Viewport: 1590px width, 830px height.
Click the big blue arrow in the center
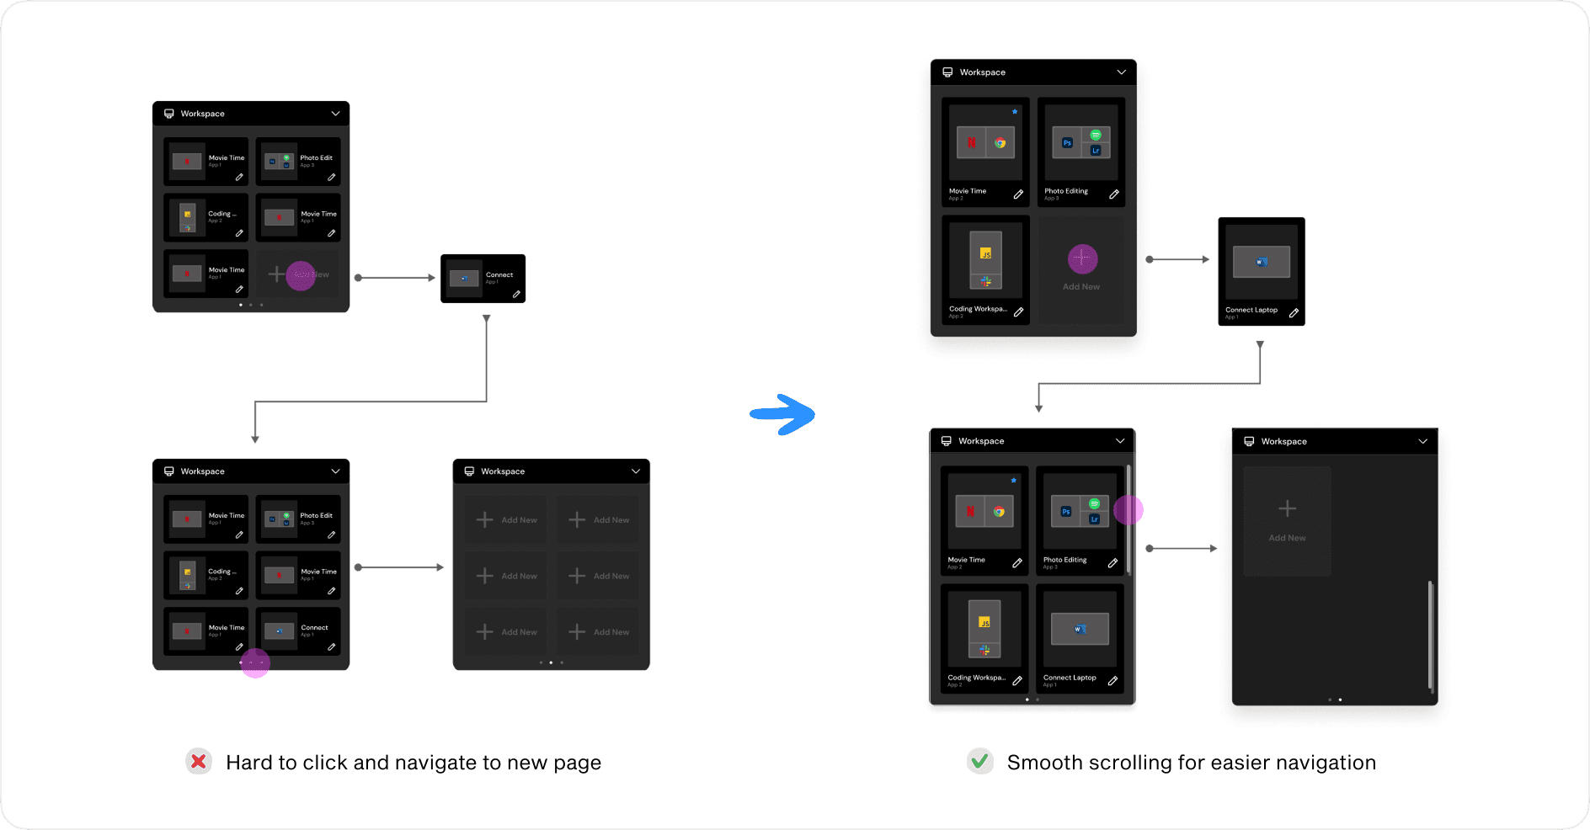[x=783, y=414]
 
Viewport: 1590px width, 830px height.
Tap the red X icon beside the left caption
[x=199, y=762]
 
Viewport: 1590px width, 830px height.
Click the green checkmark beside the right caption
[x=979, y=762]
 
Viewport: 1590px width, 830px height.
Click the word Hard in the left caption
[x=248, y=763]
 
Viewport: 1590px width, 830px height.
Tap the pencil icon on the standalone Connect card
[x=516, y=295]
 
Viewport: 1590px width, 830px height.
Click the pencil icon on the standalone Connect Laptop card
[x=1294, y=313]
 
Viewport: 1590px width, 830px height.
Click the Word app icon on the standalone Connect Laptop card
[x=1261, y=262]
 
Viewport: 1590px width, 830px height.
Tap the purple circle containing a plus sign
[x=1082, y=258]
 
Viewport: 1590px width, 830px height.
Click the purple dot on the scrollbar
[x=1128, y=509]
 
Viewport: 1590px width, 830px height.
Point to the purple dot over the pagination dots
[x=254, y=662]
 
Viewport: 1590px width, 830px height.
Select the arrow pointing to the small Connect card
[x=396, y=277]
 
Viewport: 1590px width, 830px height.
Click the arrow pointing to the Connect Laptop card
[x=1179, y=259]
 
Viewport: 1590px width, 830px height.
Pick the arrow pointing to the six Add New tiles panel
[x=400, y=567]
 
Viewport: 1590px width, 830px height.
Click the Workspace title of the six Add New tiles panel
[x=503, y=471]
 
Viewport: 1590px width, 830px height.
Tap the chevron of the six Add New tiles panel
[x=636, y=471]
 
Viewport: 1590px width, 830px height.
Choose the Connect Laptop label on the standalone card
[x=1251, y=310]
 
